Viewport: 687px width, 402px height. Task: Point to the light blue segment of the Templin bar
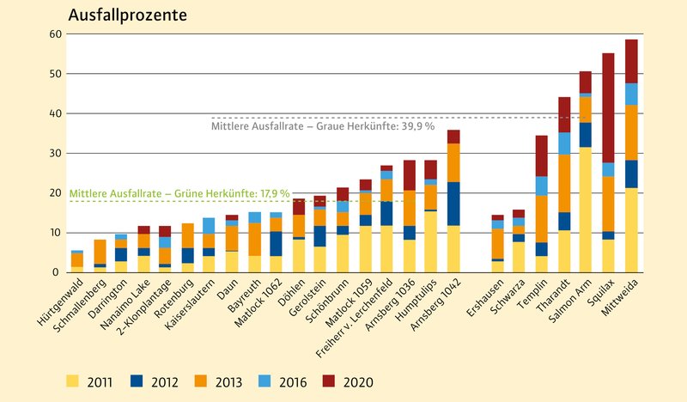542,186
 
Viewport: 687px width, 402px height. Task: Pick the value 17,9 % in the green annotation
270,194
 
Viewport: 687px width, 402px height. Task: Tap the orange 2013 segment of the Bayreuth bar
255,239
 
